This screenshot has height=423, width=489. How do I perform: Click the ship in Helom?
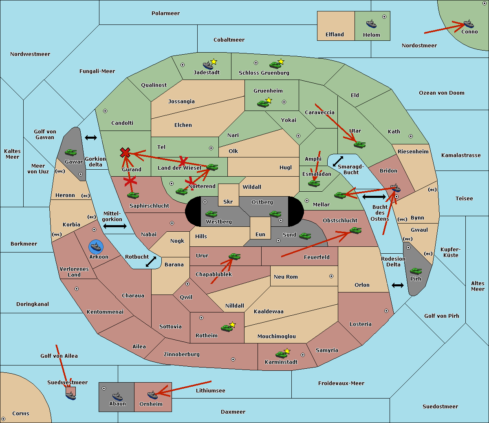click(371, 24)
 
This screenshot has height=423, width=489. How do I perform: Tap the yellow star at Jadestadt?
click(214, 62)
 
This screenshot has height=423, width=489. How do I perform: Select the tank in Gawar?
click(71, 152)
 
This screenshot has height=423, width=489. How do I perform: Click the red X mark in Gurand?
click(125, 153)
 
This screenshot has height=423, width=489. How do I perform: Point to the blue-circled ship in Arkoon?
click(96, 247)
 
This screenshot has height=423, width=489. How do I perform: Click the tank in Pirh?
click(416, 271)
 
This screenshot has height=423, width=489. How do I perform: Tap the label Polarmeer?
click(165, 13)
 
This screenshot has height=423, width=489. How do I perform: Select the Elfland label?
click(335, 35)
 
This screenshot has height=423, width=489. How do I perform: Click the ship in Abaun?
click(117, 396)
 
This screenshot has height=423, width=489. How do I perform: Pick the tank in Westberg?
click(211, 214)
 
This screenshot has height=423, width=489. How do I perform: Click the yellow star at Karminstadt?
click(287, 351)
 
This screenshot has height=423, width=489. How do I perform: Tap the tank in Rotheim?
click(227, 328)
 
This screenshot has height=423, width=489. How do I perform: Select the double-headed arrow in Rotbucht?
click(151, 262)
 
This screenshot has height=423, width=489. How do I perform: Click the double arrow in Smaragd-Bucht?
click(338, 161)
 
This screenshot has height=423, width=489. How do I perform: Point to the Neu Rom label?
click(286, 277)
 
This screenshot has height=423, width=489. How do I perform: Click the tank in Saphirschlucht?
click(133, 195)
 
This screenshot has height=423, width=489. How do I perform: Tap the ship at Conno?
click(469, 24)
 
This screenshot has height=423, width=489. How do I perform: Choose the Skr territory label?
click(228, 202)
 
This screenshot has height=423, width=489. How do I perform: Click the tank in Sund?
click(305, 236)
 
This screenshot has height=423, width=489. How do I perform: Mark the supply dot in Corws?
click(3, 419)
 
